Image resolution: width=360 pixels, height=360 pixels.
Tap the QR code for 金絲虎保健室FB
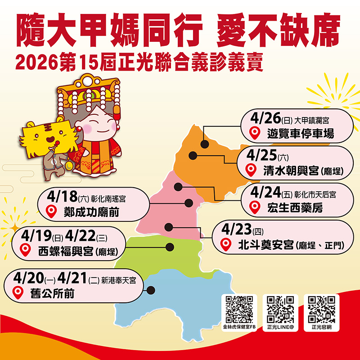pos(239,309)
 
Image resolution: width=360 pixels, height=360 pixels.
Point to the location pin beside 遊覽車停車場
pos(255,133)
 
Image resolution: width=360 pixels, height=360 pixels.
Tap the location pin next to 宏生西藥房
pos(255,207)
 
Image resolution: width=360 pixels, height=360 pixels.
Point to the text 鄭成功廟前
pos(91,211)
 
